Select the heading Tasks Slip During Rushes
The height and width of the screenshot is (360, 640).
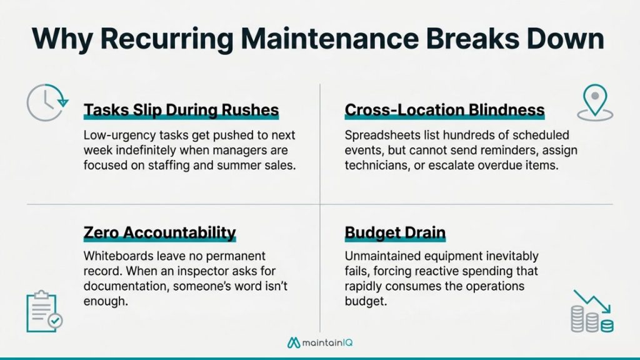(181, 111)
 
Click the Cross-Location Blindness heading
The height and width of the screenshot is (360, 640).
(444, 111)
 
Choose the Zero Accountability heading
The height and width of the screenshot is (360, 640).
(159, 233)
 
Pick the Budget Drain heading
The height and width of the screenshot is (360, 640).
(395, 233)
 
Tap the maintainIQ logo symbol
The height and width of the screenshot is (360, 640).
(294, 342)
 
